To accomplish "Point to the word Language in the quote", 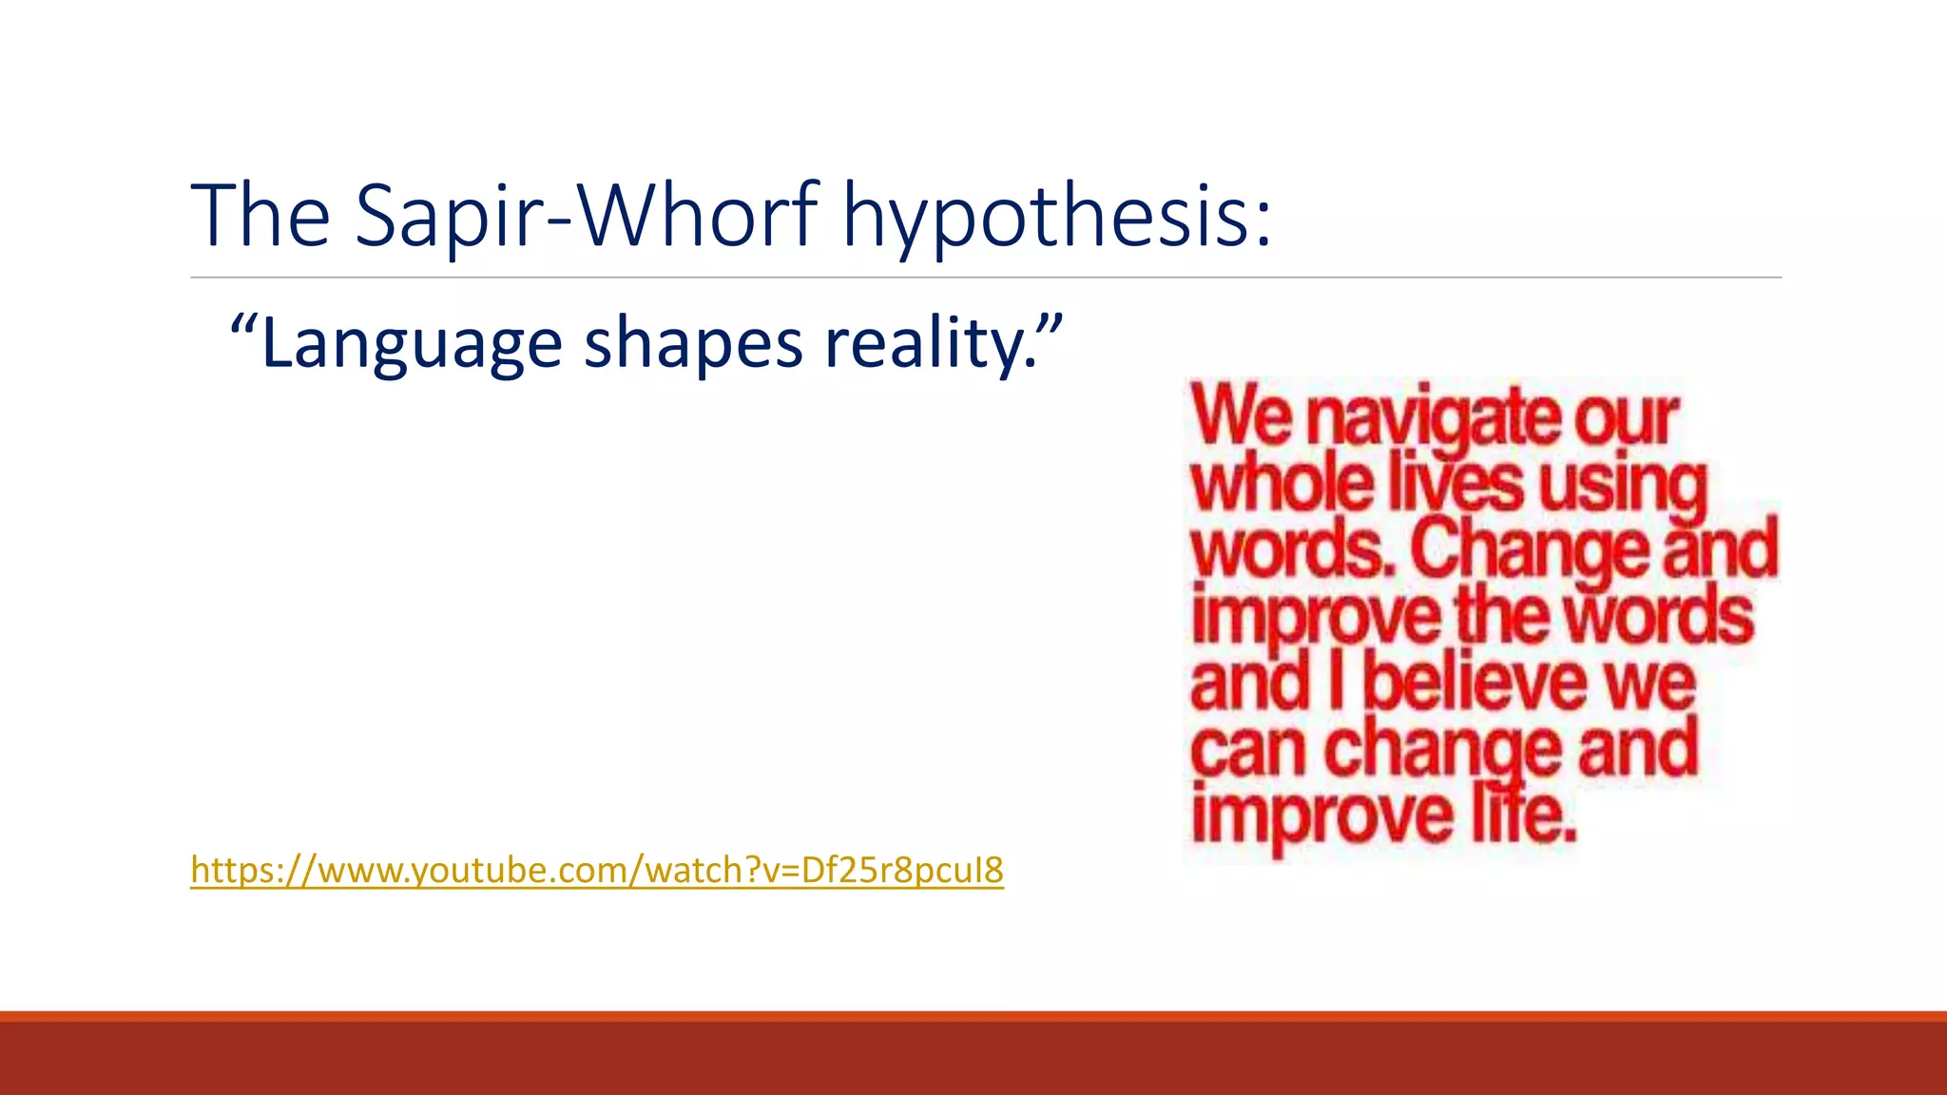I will pyautogui.click(x=411, y=344).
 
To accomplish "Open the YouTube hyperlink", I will pyautogui.click(x=596, y=870).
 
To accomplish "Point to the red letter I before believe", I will pyautogui.click(x=1337, y=682).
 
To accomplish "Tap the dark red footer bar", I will pyautogui.click(x=973, y=1057).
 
